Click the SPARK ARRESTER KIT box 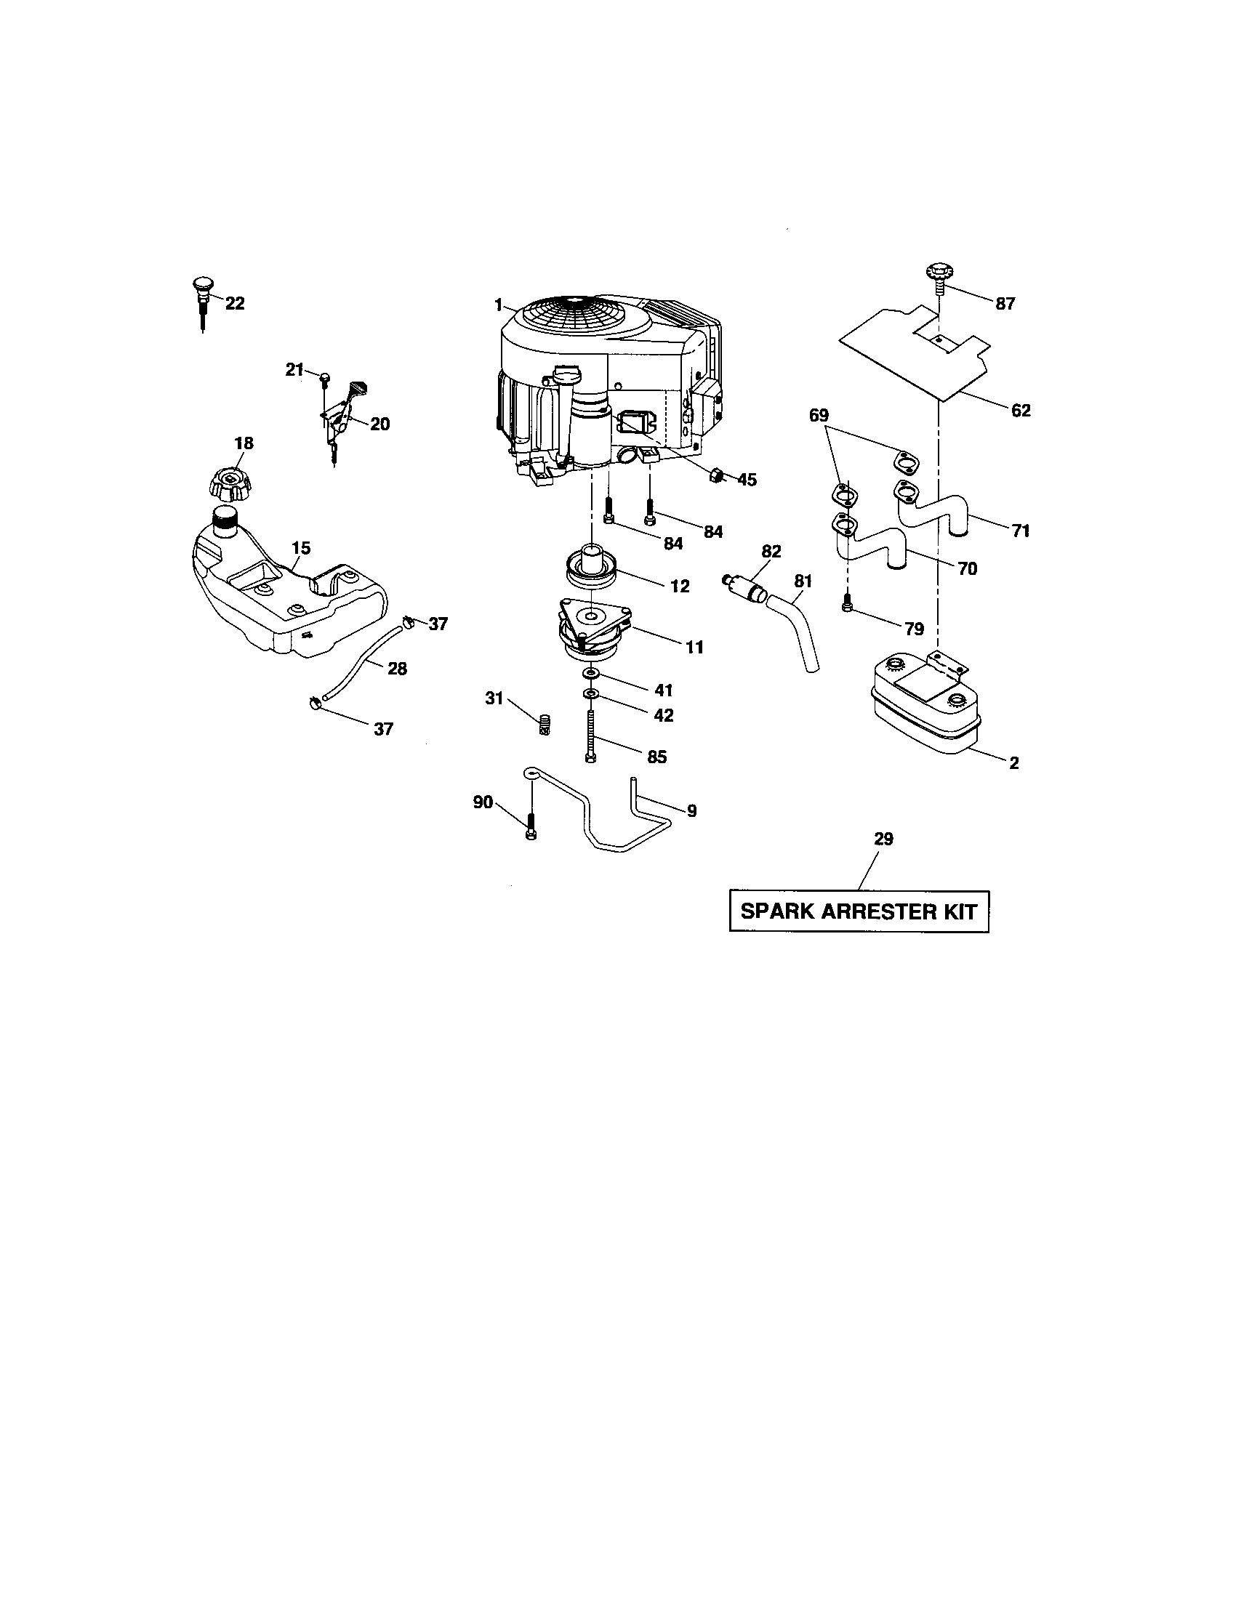point(859,911)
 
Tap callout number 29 point(884,839)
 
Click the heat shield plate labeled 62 point(915,352)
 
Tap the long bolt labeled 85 point(590,736)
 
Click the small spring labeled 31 point(544,725)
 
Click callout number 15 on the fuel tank point(301,547)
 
